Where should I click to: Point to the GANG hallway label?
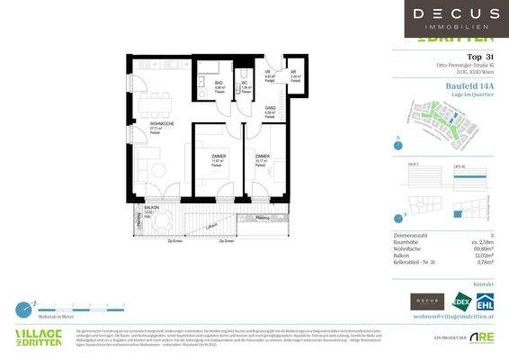pyautogui.click(x=269, y=108)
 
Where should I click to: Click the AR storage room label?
pyautogui.click(x=294, y=72)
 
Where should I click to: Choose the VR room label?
pyautogui.click(x=267, y=73)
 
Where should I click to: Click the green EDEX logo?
pyautogui.click(x=462, y=302)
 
